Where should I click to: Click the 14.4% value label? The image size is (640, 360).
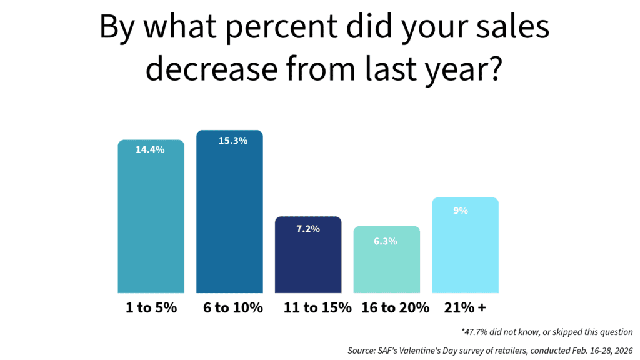coord(150,150)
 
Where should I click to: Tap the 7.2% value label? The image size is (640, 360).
coord(307,229)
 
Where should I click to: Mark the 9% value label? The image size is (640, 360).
coord(461,211)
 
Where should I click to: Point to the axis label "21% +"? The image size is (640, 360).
coord(465,308)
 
